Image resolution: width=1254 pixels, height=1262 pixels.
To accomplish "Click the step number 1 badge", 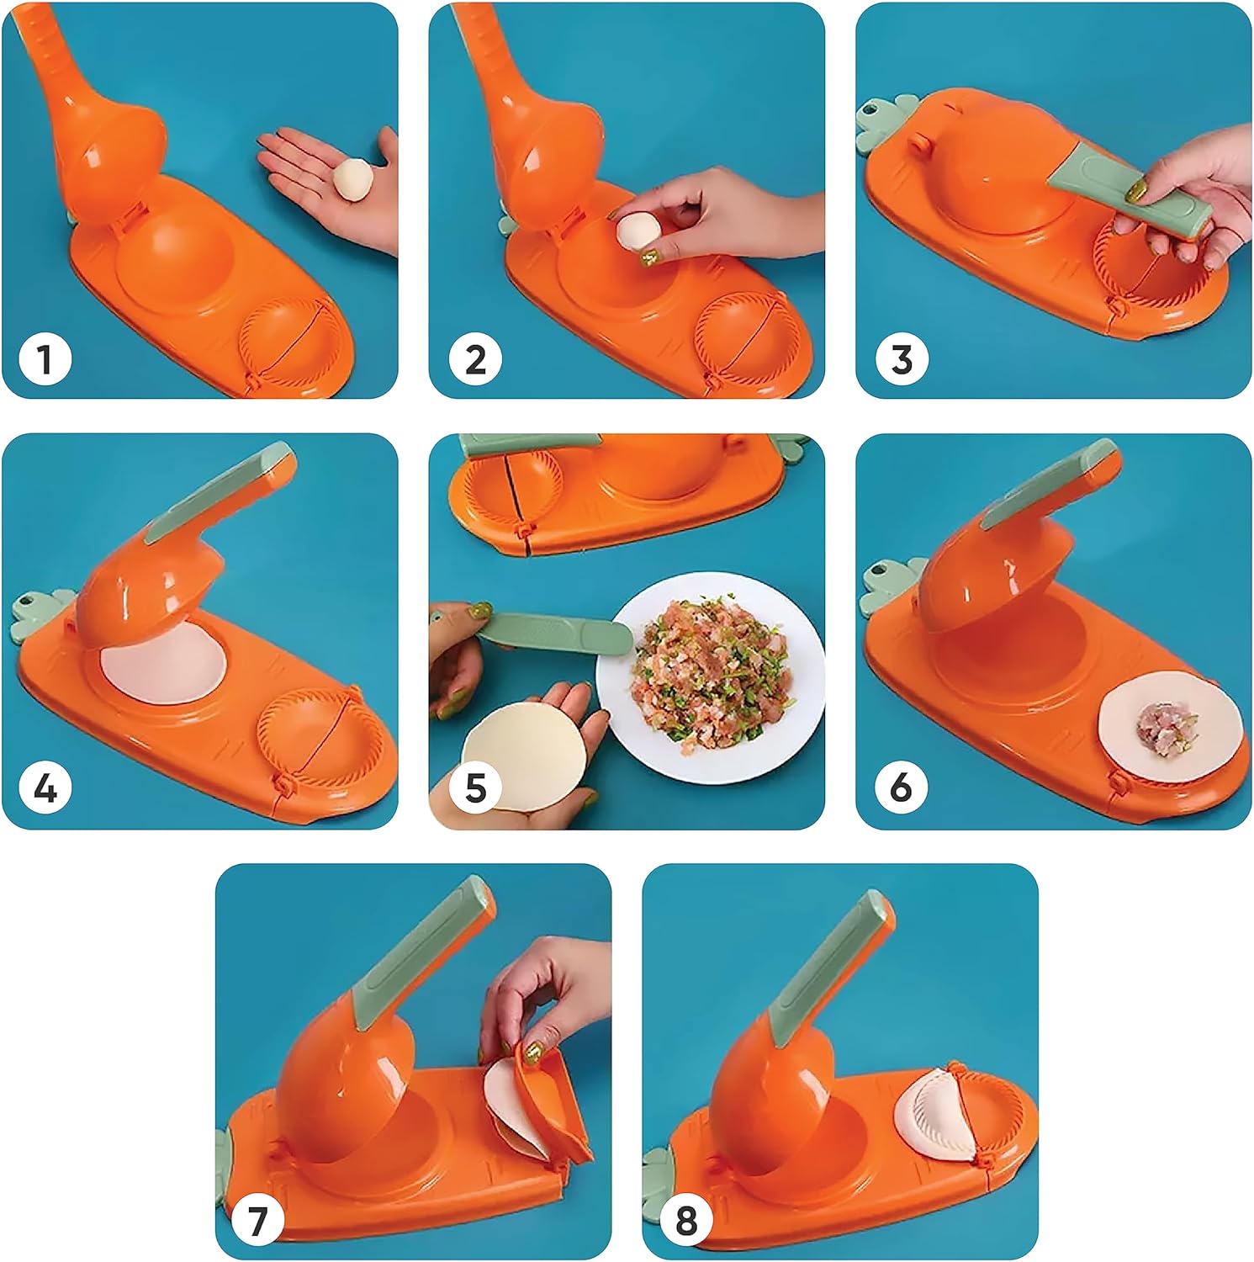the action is point(44,359).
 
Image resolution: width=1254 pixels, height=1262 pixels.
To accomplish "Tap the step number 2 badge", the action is point(475,359).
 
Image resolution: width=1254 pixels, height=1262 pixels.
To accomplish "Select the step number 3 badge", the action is point(902,359).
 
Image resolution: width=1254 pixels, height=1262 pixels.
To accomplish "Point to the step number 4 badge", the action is point(44,788).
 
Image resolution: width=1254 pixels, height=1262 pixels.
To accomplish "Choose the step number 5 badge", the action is point(475,788).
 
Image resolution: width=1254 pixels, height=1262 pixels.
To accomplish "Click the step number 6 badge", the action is point(902,788).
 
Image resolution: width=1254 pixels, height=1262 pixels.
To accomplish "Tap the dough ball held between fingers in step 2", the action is point(636,231).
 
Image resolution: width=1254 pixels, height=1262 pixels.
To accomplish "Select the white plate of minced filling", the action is point(711,678).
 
